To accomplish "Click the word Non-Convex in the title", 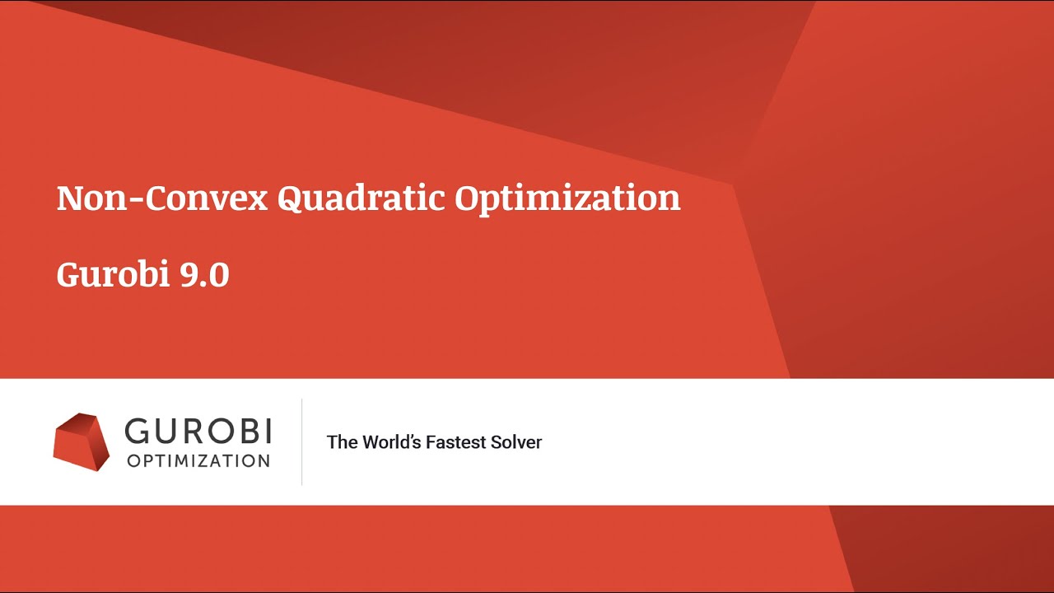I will point(162,198).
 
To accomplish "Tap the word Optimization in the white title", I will point(567,198).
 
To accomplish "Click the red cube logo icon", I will point(82,441).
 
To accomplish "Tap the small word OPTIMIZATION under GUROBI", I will point(198,460).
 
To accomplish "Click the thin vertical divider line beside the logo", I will point(301,442).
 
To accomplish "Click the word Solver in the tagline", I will point(518,442).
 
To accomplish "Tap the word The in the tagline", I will point(342,442).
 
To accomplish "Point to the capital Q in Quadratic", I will point(291,198).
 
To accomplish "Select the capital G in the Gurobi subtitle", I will point(69,274).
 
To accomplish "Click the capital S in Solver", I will point(499,442).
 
